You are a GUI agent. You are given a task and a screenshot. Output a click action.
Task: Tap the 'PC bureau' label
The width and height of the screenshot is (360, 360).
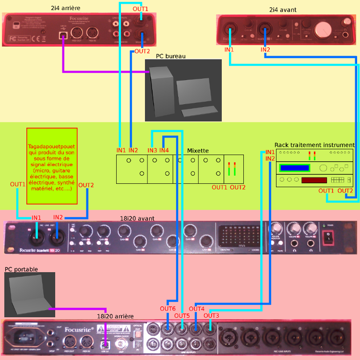[x=170, y=56]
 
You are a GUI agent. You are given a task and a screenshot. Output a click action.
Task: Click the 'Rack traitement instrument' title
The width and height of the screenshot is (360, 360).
[x=314, y=144]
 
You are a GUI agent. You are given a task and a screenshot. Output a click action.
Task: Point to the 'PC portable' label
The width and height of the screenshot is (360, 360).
[x=21, y=269]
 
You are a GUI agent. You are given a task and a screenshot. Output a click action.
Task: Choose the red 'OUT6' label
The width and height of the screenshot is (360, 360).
[x=168, y=308]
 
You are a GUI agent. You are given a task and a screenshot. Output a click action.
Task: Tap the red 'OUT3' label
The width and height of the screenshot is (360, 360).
[x=211, y=315]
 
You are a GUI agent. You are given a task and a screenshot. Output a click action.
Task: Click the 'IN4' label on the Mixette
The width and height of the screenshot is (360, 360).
[x=164, y=150]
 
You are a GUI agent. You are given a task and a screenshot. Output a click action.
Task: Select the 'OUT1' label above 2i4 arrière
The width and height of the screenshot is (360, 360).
[x=141, y=9]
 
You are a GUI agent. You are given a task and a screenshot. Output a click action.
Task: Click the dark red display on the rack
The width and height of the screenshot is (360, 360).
[x=314, y=180]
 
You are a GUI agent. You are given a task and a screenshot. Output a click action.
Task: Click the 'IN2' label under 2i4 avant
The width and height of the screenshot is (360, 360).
[x=265, y=49]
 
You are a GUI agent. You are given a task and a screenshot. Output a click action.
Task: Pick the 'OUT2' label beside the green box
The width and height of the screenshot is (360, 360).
[x=86, y=185]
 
